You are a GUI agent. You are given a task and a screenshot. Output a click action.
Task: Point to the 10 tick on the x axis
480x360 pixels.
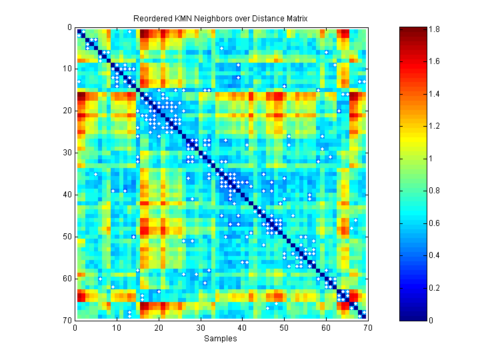(117, 327)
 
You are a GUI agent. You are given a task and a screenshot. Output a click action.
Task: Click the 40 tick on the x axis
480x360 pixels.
(242, 327)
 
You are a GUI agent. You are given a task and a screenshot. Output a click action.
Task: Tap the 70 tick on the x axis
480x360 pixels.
(367, 327)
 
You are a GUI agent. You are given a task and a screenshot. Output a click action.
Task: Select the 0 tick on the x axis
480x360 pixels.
(75, 327)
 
